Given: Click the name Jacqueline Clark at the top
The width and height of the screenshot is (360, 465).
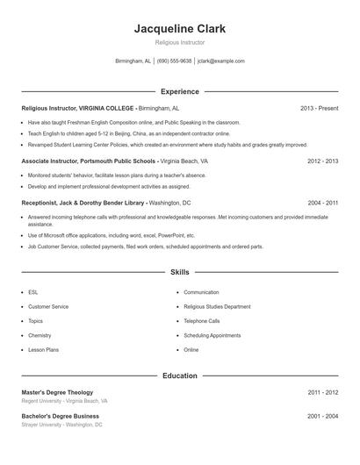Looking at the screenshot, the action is coord(179,29).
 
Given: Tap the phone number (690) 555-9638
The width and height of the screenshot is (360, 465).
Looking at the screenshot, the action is coord(174,61).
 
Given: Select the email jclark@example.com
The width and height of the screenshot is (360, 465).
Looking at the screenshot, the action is coord(220,61).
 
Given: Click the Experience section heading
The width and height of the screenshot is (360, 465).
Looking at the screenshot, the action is coord(179,91).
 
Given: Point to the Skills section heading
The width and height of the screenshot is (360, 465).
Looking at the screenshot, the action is coord(179,273).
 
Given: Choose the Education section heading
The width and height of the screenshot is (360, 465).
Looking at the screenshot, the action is coord(179,376).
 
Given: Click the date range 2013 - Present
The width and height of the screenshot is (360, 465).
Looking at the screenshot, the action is coord(319,108).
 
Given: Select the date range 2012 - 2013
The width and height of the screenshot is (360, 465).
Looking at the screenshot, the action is coord(322,161).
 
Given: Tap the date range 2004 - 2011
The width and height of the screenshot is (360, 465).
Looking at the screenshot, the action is coord(322,202).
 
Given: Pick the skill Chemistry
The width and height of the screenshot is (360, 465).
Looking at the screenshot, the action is coord(40,335).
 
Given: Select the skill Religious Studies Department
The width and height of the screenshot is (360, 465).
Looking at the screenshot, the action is coord(217,306).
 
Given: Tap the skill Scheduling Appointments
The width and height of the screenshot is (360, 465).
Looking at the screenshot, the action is coord(212,335).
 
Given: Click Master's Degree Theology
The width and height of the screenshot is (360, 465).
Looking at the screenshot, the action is coord(57,392).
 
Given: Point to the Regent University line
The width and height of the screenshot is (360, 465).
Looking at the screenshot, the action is coord(64,400).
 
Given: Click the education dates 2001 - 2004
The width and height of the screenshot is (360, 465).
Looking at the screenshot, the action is coord(322,416).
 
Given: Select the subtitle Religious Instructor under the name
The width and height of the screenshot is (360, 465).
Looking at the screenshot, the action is coord(179,42).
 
